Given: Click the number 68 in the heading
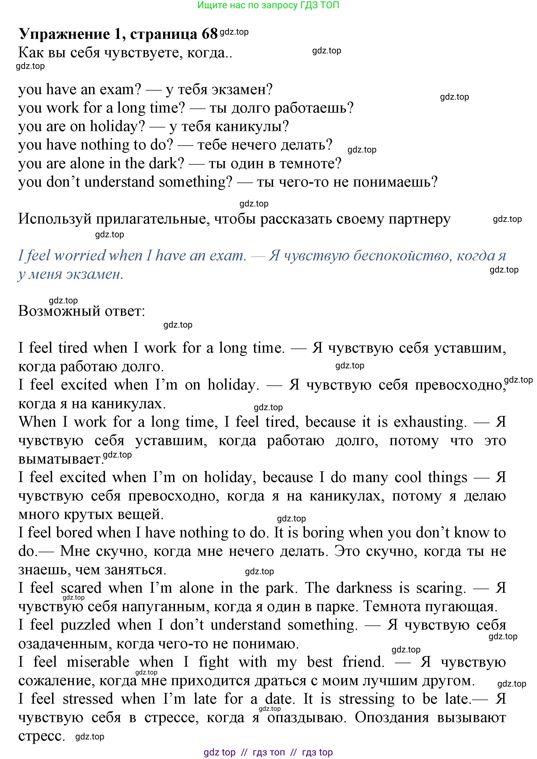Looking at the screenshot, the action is (x=209, y=34).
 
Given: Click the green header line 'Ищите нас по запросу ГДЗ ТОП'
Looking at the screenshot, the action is (x=268, y=5).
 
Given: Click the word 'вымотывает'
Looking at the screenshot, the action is (x=61, y=459).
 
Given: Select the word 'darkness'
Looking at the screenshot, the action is (x=364, y=588).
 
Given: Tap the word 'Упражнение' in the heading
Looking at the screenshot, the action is (x=64, y=34).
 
